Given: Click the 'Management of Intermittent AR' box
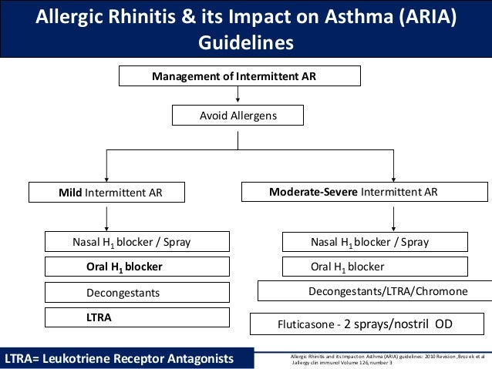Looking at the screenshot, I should pyautogui.click(x=239, y=76).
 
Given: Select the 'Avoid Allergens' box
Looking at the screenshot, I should pyautogui.click(x=238, y=116).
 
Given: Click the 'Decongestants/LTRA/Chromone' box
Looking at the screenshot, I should pyautogui.click(x=374, y=291).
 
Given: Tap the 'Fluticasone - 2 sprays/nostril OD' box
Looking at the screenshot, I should pyautogui.click(x=361, y=324).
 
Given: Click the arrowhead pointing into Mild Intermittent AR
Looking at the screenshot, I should pyautogui.click(x=106, y=177).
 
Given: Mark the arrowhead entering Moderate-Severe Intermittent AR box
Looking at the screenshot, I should pyautogui.click(x=394, y=177).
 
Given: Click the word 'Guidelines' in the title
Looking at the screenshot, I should pyautogui.click(x=246, y=43).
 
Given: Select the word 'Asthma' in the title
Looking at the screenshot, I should pyautogui.click(x=352, y=17).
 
